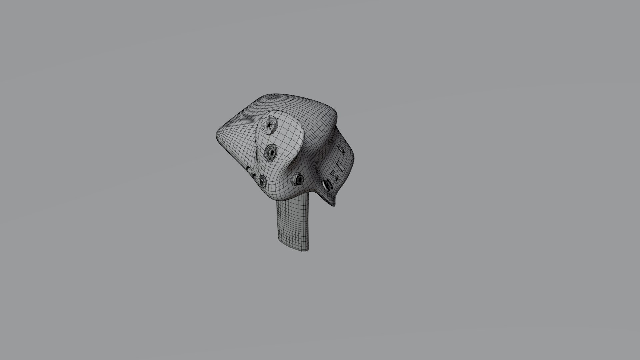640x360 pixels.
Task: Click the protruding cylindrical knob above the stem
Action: tap(298, 180)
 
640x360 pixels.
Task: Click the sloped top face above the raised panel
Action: tap(283, 103)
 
